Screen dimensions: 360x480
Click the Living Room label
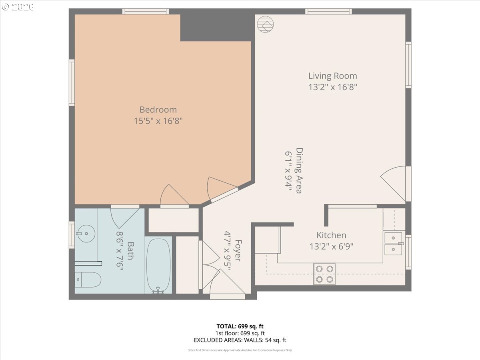(x=332, y=76)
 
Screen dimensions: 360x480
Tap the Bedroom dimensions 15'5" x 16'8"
(x=158, y=121)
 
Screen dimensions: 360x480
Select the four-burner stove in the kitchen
(x=324, y=274)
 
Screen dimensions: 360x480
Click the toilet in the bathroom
(x=88, y=280)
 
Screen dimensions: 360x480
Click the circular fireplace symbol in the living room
(x=265, y=24)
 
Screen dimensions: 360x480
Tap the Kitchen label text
(x=331, y=235)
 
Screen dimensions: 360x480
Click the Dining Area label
(x=298, y=171)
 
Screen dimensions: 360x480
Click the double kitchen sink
(x=394, y=244)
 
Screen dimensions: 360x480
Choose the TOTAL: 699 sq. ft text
(x=240, y=326)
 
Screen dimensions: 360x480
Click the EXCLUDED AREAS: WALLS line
(x=240, y=340)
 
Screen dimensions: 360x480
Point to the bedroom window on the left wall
(x=72, y=82)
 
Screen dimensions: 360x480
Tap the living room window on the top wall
(x=328, y=11)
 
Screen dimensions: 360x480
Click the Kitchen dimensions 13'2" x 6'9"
(x=331, y=247)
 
